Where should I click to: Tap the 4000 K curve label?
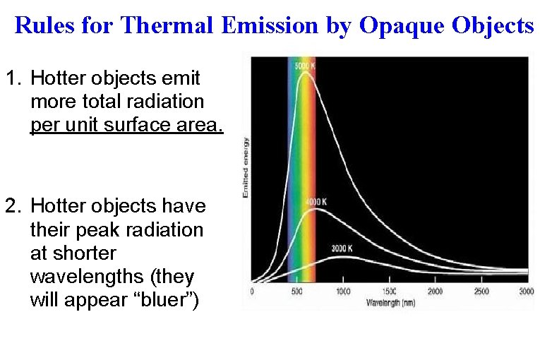pyautogui.click(x=315, y=202)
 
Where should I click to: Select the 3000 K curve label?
pyautogui.click(x=343, y=248)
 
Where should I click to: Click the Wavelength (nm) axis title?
pyautogui.click(x=390, y=302)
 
